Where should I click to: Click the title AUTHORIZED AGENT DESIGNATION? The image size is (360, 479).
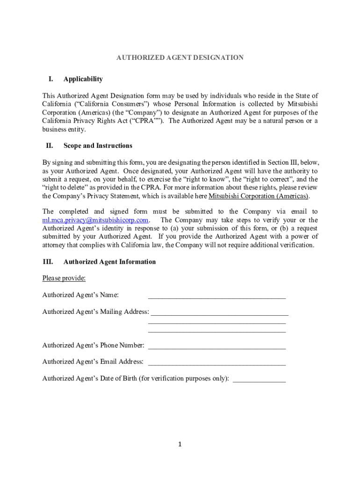[x=180, y=58]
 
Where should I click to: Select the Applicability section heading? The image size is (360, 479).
[x=83, y=79]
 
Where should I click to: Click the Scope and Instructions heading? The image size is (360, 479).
[x=98, y=145]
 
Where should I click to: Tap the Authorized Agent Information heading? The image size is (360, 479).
[x=109, y=261]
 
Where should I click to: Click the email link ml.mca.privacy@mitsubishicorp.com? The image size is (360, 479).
[x=95, y=220]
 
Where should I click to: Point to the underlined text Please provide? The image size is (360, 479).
[x=64, y=278]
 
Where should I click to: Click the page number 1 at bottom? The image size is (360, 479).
[x=180, y=444]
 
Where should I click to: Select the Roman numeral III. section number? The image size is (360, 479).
[x=48, y=261]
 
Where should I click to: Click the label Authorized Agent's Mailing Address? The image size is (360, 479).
[x=96, y=312]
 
